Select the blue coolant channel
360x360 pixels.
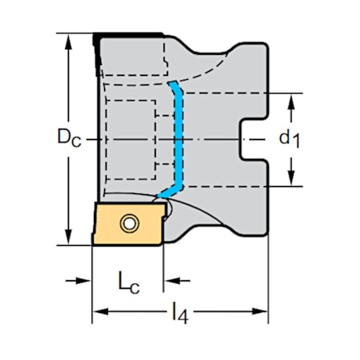(x=178, y=137)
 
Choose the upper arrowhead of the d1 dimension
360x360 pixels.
(x=291, y=99)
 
